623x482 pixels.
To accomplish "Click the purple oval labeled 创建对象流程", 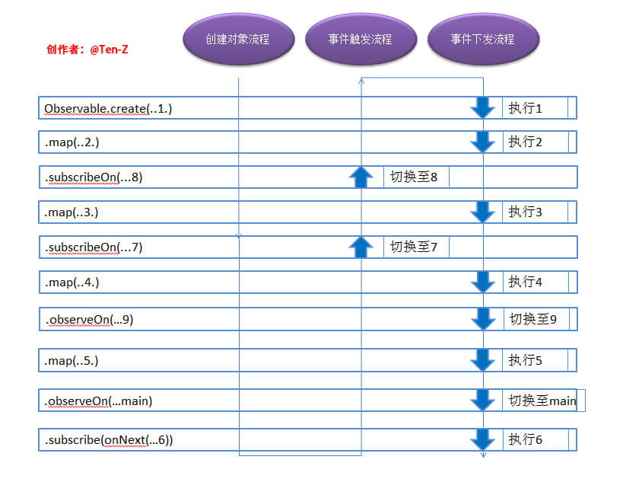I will (238, 39).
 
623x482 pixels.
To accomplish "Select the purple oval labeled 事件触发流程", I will (361, 39).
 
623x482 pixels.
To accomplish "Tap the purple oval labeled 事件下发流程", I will (483, 39).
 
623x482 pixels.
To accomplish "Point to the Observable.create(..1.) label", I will (108, 109).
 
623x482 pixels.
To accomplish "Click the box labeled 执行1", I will (535, 108).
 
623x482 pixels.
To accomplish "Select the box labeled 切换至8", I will (415, 177).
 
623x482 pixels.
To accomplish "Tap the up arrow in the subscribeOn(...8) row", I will (361, 177).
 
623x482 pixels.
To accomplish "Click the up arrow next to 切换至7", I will (361, 246).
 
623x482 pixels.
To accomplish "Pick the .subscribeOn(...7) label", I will (93, 247).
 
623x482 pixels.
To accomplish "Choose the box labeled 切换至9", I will (536, 319).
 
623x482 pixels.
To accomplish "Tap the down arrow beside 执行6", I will (482, 439).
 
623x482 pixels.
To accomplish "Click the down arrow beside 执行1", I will (482, 108).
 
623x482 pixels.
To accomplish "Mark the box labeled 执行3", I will (535, 212).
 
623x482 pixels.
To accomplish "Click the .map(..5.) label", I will (72, 360).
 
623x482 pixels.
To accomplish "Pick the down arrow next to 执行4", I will (482, 282).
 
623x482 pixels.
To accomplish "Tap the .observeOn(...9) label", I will (89, 320).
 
